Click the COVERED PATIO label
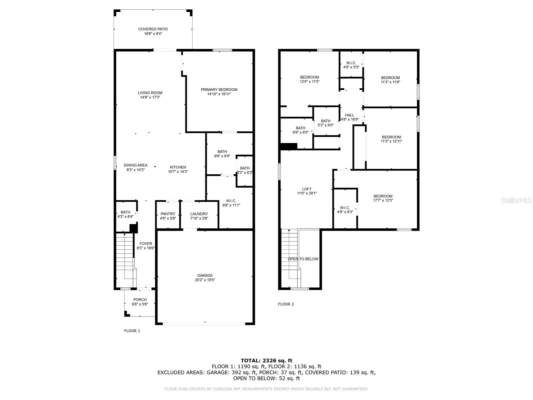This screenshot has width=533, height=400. pyautogui.click(x=153, y=29)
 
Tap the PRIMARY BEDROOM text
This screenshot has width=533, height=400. pyautogui.click(x=219, y=90)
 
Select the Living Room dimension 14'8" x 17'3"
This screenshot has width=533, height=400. pyautogui.click(x=150, y=97)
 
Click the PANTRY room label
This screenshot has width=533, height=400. pyautogui.click(x=168, y=214)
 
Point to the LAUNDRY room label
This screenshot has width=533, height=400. pyautogui.click(x=199, y=214)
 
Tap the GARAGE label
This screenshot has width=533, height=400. pyautogui.click(x=205, y=276)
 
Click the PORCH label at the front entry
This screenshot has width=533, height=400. pyautogui.click(x=140, y=300)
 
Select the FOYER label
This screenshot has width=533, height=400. pyautogui.click(x=146, y=244)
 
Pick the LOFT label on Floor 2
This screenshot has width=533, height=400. pyautogui.click(x=307, y=189)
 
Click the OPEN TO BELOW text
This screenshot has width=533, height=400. pyautogui.click(x=303, y=259)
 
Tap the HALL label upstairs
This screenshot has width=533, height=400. pyautogui.click(x=349, y=115)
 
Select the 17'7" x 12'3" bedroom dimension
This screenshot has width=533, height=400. pyautogui.click(x=383, y=200)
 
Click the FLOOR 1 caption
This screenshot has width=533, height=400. pyautogui.click(x=132, y=331)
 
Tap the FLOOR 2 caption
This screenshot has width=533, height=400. pyautogui.click(x=286, y=304)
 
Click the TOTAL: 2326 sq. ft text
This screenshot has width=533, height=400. pyautogui.click(x=266, y=360)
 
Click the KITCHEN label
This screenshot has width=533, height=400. pyautogui.click(x=178, y=167)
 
